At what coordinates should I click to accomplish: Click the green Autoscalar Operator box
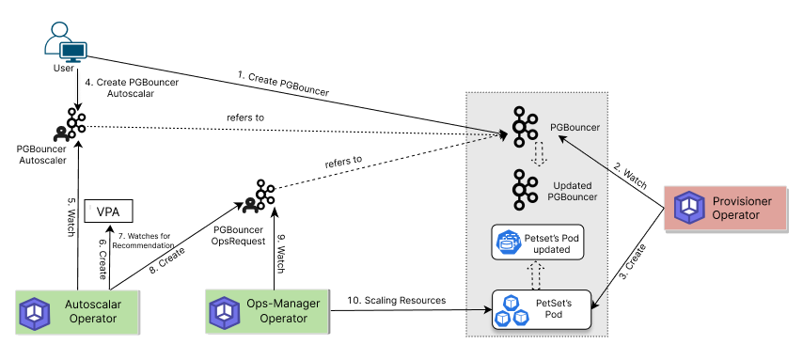tap(76, 312)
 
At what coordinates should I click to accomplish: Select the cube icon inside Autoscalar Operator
tap(36, 312)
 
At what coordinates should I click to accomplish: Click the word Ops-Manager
tap(283, 304)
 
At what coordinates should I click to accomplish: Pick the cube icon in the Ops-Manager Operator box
tap(225, 311)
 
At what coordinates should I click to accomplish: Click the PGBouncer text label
tap(575, 127)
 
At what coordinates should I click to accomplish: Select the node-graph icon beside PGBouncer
tap(524, 126)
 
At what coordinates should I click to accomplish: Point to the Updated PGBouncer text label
tap(572, 191)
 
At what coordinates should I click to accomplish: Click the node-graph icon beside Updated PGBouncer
tap(524, 189)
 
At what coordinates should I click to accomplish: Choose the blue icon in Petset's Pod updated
tap(509, 243)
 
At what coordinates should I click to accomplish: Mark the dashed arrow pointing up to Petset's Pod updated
tap(535, 275)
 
